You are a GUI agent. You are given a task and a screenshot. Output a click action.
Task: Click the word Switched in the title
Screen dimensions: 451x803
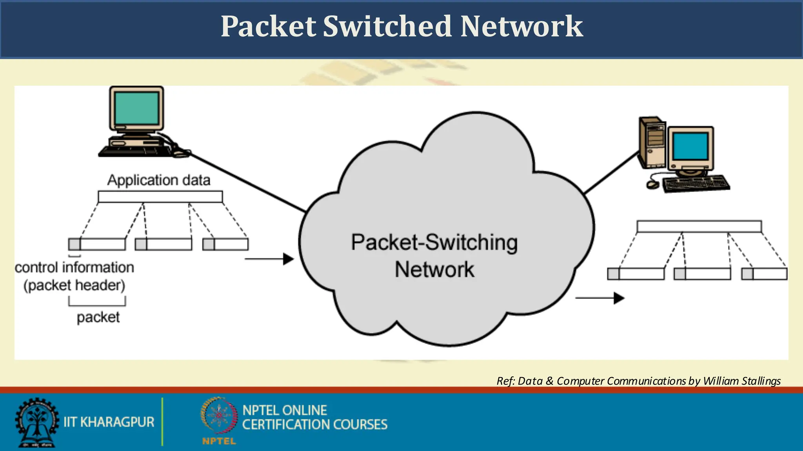tap(387, 27)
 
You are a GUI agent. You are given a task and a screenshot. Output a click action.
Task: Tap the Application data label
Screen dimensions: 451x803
tap(159, 180)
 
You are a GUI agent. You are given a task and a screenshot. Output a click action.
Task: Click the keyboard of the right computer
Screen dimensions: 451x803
tap(696, 184)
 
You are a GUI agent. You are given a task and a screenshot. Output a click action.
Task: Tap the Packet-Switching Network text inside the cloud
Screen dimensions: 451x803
tap(434, 255)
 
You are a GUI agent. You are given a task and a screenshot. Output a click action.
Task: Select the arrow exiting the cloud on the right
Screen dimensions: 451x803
tap(600, 298)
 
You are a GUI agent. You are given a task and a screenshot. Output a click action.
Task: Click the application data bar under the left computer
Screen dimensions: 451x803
tap(160, 197)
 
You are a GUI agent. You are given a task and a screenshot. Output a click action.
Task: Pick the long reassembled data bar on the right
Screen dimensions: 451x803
tap(699, 226)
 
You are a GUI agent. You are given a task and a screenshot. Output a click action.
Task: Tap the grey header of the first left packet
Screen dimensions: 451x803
tap(74, 244)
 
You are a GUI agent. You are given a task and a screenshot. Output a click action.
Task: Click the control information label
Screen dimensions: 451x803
tap(74, 268)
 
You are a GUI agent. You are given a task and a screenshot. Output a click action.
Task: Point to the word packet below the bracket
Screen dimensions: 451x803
tap(98, 317)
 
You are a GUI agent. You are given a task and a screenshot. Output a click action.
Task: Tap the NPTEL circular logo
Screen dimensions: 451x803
tap(219, 416)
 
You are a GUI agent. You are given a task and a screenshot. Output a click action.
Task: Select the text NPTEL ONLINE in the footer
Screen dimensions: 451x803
tap(285, 410)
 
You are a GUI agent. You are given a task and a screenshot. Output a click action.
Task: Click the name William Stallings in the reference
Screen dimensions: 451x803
tap(741, 381)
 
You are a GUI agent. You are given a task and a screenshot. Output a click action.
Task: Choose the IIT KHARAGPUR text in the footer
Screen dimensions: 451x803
tap(109, 422)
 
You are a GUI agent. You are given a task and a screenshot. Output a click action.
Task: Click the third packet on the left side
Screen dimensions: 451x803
tap(225, 244)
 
